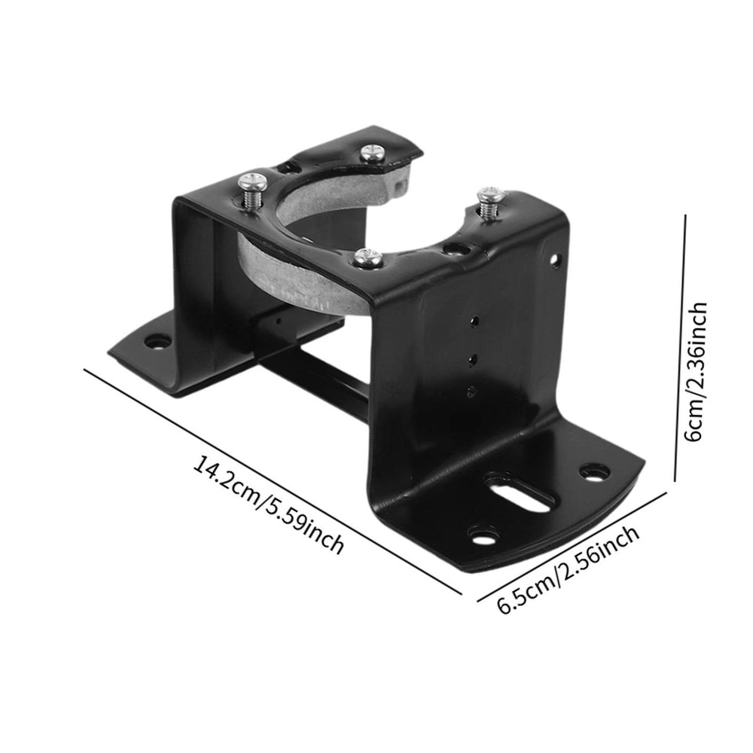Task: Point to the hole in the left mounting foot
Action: point(158,342)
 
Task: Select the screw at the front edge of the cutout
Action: point(369,258)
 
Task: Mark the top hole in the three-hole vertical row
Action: point(474,321)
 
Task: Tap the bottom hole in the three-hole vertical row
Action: point(471,390)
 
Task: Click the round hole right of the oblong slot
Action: point(594,473)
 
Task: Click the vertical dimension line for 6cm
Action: point(680,346)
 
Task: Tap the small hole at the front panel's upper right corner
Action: point(555,261)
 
